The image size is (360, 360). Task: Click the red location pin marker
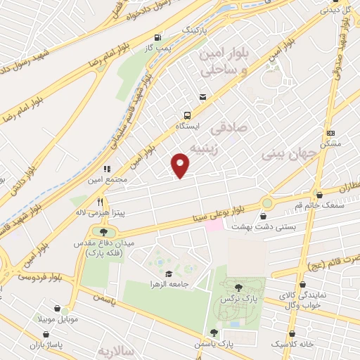181,165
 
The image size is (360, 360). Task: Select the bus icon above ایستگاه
187,115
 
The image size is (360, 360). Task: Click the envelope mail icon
203,97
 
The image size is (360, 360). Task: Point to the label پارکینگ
195,32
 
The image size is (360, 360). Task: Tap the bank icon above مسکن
330,132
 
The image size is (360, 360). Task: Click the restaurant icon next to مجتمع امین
107,169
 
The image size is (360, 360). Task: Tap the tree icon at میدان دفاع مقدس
104,231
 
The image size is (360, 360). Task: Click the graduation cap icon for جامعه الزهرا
167,273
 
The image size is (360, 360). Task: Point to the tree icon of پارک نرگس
238,287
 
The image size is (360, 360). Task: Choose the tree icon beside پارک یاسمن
214,333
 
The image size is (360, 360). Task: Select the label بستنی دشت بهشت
316,227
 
